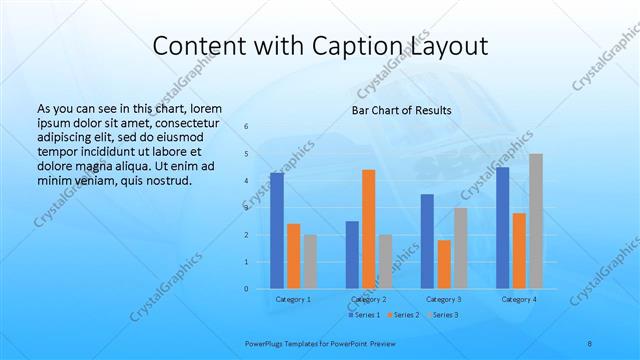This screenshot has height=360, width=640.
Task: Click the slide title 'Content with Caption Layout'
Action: point(320,46)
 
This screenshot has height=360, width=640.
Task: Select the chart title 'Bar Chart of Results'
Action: point(401,110)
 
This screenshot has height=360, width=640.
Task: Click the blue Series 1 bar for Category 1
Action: point(277,230)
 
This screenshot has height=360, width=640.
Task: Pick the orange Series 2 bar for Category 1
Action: point(293,256)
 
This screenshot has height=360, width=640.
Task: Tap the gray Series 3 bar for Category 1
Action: point(310,262)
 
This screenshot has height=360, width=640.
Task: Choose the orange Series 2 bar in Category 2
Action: point(369,229)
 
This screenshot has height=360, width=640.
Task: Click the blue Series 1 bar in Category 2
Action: point(352,255)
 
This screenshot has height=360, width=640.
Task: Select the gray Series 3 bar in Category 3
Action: point(461,248)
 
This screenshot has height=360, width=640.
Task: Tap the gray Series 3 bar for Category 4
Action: point(536,221)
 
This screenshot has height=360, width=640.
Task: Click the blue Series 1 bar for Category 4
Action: point(503,228)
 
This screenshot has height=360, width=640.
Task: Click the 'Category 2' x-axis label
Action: point(369,299)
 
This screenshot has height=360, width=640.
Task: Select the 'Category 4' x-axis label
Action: point(519,299)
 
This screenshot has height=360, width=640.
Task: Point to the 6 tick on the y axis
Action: point(246,127)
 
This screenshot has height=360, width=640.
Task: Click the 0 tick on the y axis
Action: point(246,289)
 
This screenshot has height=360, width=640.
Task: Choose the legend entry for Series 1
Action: point(364,315)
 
